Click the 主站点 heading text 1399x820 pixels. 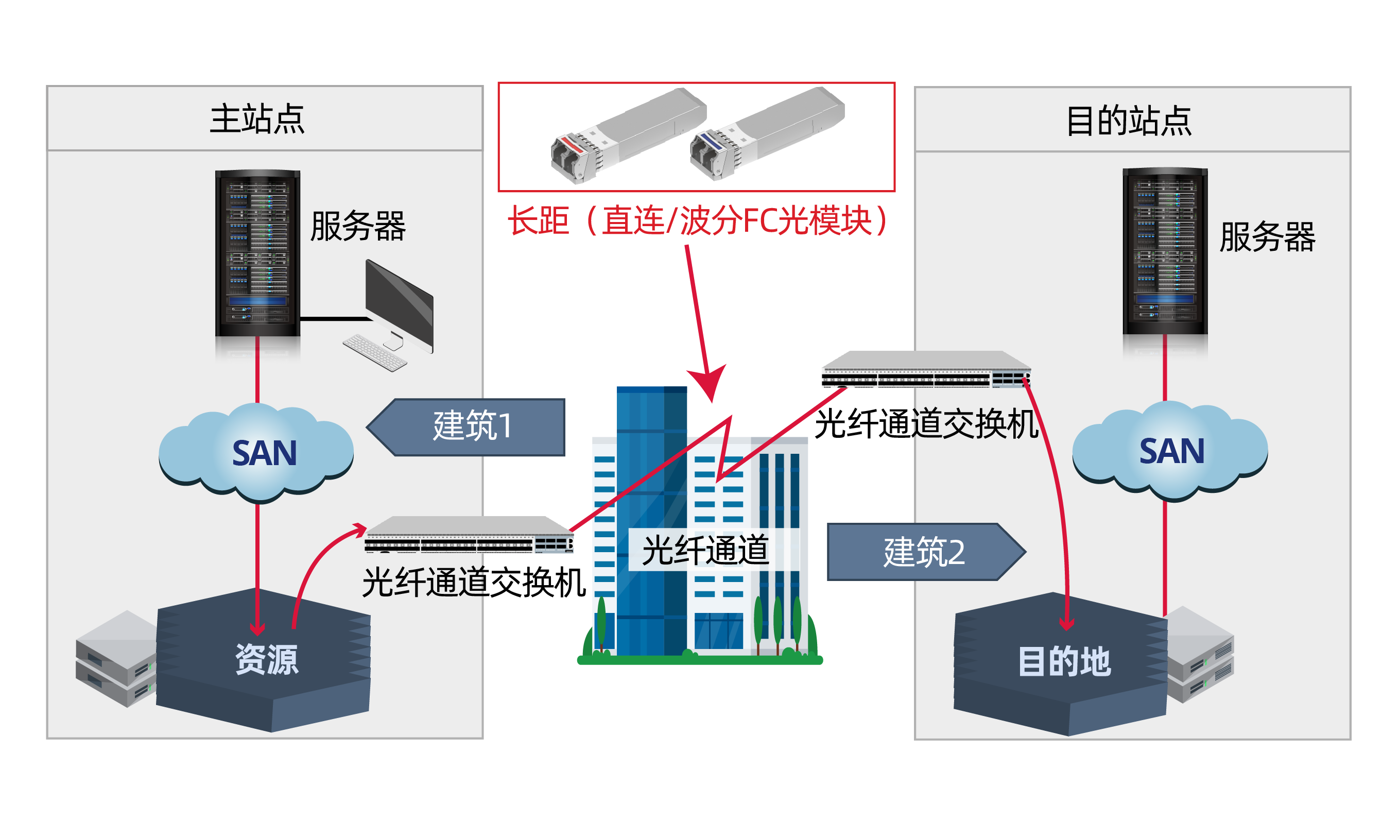click(257, 119)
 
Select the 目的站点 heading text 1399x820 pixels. click(1129, 121)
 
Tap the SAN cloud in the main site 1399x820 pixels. click(256, 452)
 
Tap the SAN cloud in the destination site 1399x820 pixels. click(1170, 451)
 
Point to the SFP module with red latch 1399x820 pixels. click(628, 135)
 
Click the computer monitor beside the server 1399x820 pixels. click(399, 305)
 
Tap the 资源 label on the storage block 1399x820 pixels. click(267, 659)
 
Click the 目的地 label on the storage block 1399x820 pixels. click(1064, 661)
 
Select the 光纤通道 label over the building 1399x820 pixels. click(705, 550)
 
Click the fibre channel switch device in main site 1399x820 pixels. click(469, 535)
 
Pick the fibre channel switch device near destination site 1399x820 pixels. click(926, 369)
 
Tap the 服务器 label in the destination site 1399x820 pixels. click(1267, 237)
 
